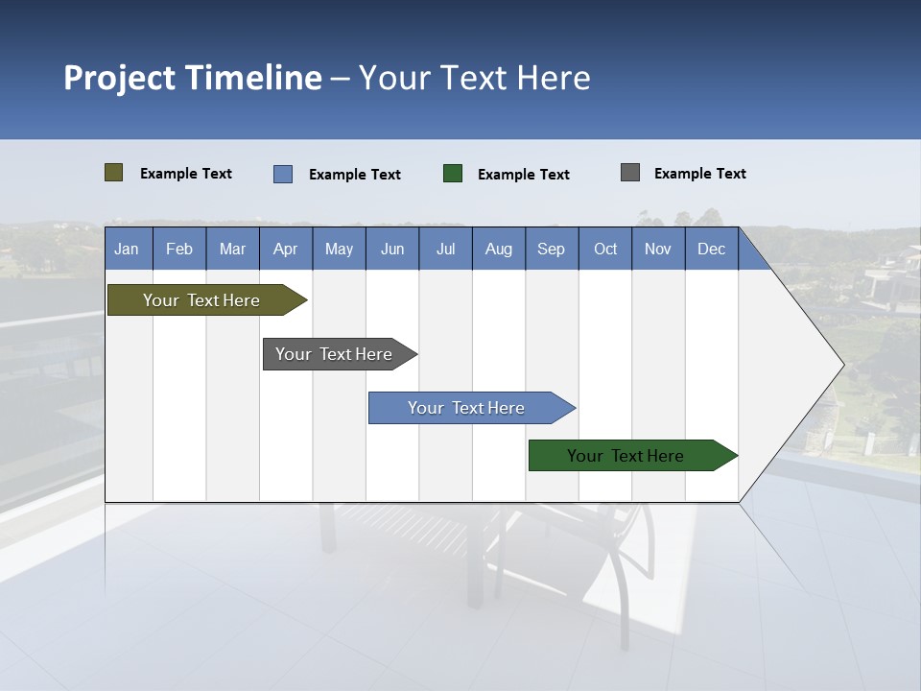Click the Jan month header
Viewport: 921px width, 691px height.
pyautogui.click(x=128, y=249)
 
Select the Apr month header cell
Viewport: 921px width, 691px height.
pyautogui.click(x=286, y=249)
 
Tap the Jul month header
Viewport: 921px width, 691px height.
pyautogui.click(x=445, y=249)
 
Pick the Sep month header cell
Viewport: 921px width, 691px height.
pyautogui.click(x=552, y=249)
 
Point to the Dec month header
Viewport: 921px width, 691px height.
pyautogui.click(x=711, y=249)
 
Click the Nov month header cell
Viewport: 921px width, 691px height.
pyautogui.click(x=658, y=249)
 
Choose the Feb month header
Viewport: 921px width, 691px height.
pyautogui.click(x=179, y=249)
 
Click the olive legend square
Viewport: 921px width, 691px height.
pyautogui.click(x=113, y=173)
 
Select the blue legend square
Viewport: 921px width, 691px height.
pyautogui.click(x=282, y=174)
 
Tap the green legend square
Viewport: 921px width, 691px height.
pyautogui.click(x=452, y=174)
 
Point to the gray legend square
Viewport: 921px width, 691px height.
pyautogui.click(x=630, y=173)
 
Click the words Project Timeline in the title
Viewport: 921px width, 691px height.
pyautogui.click(x=192, y=78)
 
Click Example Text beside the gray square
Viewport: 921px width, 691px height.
pyautogui.click(x=699, y=174)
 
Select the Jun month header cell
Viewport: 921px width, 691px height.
pyautogui.click(x=392, y=249)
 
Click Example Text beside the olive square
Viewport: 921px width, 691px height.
pyautogui.click(x=185, y=174)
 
